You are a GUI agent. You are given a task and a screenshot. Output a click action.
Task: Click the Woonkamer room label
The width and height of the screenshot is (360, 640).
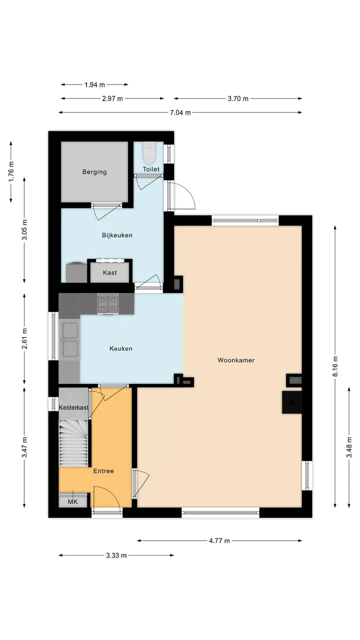coord(236,360)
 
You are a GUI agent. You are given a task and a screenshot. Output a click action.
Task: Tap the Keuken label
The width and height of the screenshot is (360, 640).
coord(121,348)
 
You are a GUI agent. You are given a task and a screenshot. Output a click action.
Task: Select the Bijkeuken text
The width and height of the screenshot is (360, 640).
coord(117,235)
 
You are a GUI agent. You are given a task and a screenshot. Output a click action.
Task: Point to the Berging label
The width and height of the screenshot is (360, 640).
coord(94,172)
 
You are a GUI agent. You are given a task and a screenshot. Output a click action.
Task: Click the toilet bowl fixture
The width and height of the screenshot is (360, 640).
coord(149,152)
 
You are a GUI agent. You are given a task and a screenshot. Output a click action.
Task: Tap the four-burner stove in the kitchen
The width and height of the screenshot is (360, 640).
coord(107,303)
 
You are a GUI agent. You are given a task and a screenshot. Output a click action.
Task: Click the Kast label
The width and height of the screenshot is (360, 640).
coord(109,272)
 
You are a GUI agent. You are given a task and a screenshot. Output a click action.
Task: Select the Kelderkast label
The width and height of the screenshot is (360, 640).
coord(73,407)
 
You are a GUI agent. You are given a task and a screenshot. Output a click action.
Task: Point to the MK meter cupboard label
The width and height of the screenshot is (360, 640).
coord(72,501)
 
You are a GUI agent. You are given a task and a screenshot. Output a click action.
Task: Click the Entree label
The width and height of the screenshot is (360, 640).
coord(103,471)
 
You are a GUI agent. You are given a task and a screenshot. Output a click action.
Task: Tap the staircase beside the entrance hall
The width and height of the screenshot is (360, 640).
coord(73,443)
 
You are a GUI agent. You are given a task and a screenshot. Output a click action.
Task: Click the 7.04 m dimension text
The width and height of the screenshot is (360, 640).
coord(180,112)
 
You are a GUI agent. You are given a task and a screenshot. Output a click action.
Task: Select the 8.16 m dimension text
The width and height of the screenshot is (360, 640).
coord(335,366)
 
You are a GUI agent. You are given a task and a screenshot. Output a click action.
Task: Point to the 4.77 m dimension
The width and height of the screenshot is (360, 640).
coord(219,540)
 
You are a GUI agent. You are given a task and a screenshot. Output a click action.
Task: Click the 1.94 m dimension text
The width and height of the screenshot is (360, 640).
coord(94,84)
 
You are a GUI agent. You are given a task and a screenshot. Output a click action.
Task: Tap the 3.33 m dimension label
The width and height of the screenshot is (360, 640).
coord(116,555)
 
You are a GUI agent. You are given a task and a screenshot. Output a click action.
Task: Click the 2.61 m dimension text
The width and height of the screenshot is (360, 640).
coord(24,338)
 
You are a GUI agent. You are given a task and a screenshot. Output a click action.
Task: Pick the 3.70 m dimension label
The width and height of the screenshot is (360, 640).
coord(238,98)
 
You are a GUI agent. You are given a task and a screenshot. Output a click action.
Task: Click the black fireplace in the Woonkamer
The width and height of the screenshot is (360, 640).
coord(292,402)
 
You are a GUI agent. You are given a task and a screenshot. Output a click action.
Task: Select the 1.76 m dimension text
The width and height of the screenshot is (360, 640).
coord(11,171)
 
